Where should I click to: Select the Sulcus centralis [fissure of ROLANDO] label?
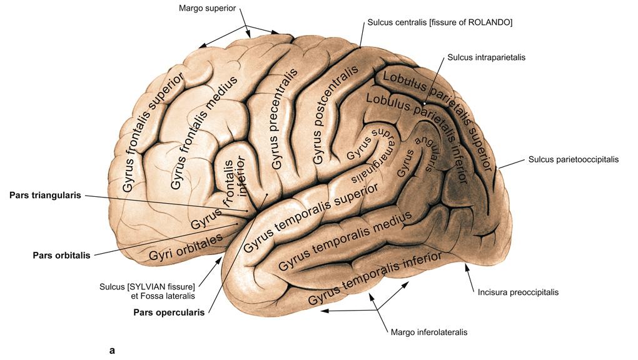438,22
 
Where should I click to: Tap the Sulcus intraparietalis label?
486,57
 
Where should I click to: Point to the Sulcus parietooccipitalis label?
573,159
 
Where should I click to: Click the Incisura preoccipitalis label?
518,292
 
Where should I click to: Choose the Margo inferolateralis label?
428,332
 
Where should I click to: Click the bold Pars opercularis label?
169,312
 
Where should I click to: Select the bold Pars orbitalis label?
61,255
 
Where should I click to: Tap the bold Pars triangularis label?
45,195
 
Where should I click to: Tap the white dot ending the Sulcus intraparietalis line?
423,103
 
